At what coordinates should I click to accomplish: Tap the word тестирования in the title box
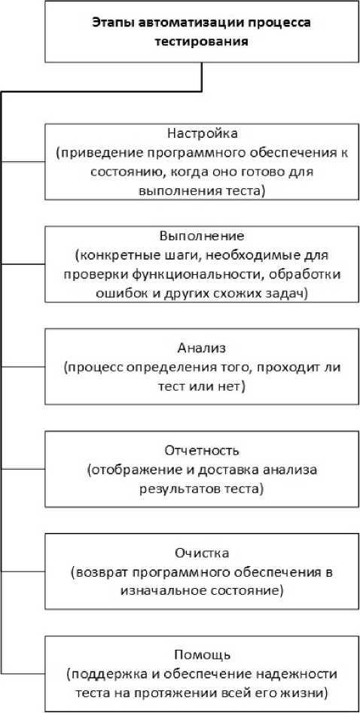202,41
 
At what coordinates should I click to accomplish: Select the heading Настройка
203,134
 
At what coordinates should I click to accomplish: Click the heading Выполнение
202,236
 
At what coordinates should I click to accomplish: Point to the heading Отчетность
202,451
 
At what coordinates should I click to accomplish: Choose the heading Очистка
202,553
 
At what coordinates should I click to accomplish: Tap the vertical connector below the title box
201,78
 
